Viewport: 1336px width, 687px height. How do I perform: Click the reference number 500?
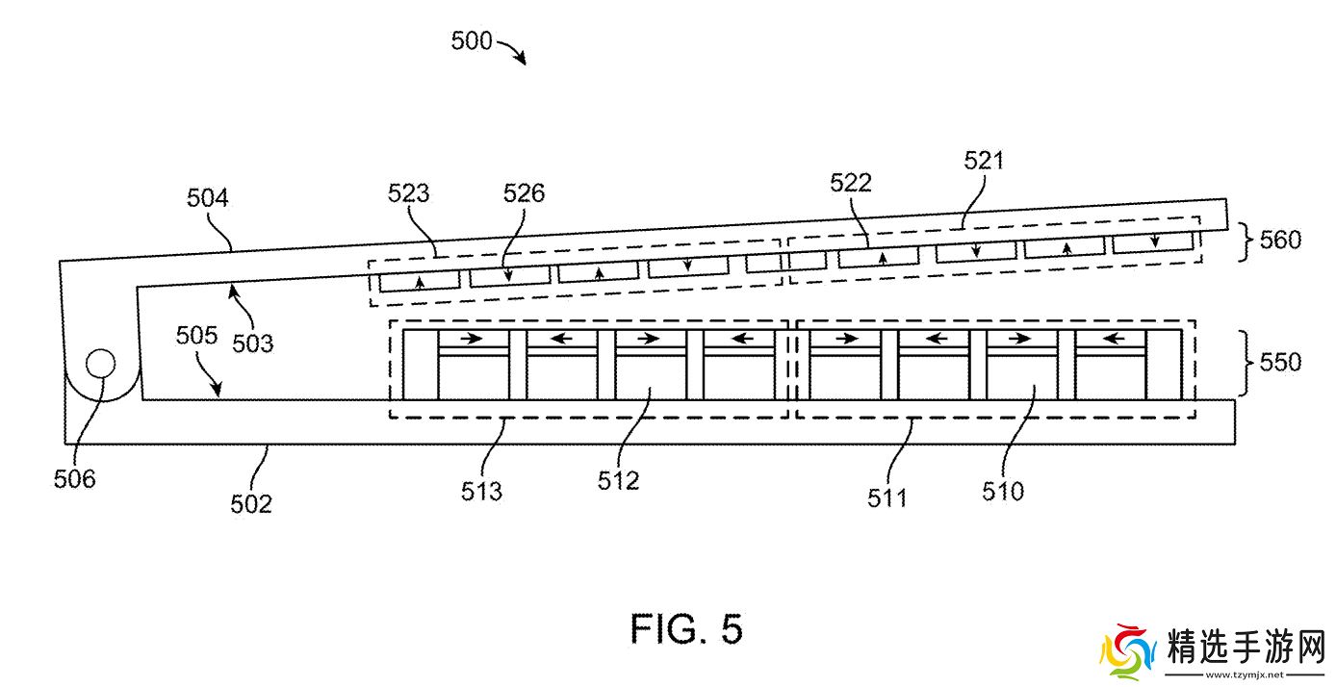[472, 41]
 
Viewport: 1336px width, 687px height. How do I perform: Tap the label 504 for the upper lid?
[208, 199]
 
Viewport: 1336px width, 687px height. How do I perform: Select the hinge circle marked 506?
[100, 365]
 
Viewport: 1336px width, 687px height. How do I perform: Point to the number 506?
[74, 477]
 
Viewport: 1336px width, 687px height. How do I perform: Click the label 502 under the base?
[251, 502]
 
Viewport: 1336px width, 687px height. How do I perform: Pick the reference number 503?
[253, 343]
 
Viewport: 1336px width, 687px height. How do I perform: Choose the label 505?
[195, 335]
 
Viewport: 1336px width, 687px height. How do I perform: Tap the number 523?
[408, 194]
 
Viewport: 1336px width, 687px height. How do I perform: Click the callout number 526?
[524, 193]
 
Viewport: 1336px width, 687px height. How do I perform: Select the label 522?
[851, 183]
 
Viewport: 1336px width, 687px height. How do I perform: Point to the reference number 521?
[983, 161]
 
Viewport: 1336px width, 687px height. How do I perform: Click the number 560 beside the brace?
[1280, 239]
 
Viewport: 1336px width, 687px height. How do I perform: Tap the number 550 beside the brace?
[1280, 363]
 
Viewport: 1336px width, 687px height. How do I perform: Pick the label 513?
[481, 492]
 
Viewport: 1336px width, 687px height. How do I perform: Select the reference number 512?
[618, 480]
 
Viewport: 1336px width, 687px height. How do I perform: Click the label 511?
[886, 497]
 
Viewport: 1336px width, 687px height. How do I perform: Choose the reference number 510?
[1003, 492]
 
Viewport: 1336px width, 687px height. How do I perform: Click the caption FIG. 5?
[686, 629]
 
